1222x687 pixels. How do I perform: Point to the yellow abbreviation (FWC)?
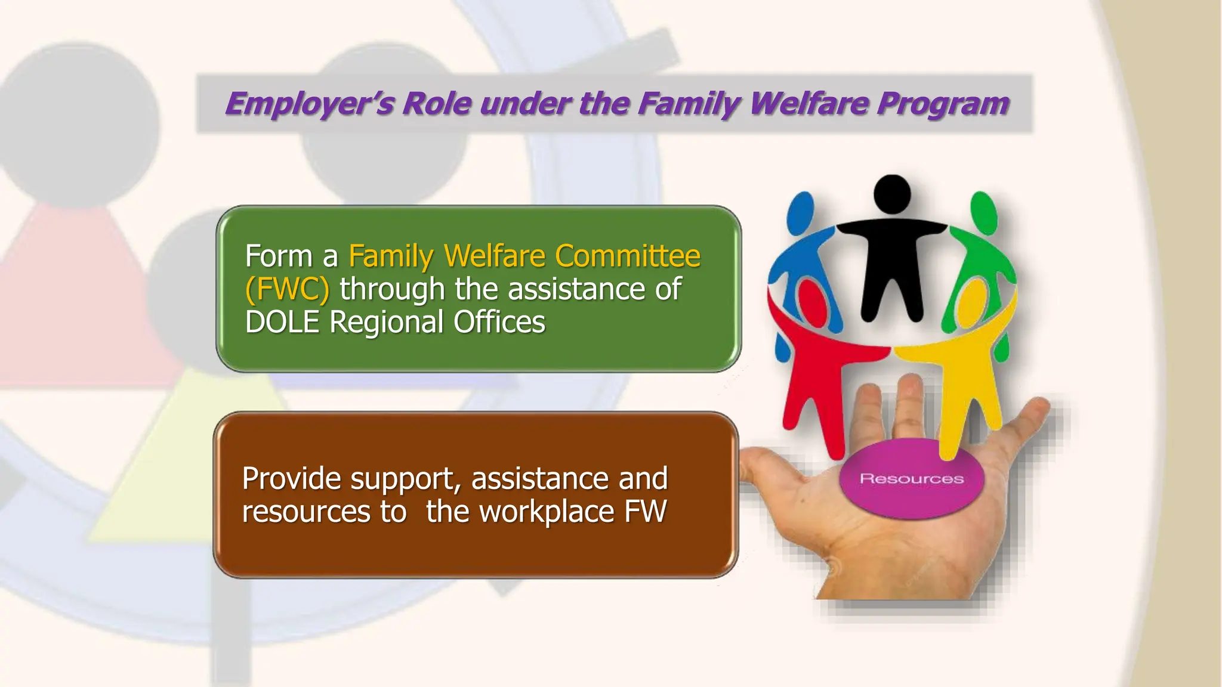pyautogui.click(x=287, y=289)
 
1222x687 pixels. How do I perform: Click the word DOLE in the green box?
pyautogui.click(x=282, y=322)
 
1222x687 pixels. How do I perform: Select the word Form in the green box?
pyautogui.click(x=279, y=256)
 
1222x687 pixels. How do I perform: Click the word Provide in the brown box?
pyautogui.click(x=291, y=479)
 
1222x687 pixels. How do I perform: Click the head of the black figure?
pyautogui.click(x=892, y=194)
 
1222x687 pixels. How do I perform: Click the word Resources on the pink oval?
pyautogui.click(x=911, y=479)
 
